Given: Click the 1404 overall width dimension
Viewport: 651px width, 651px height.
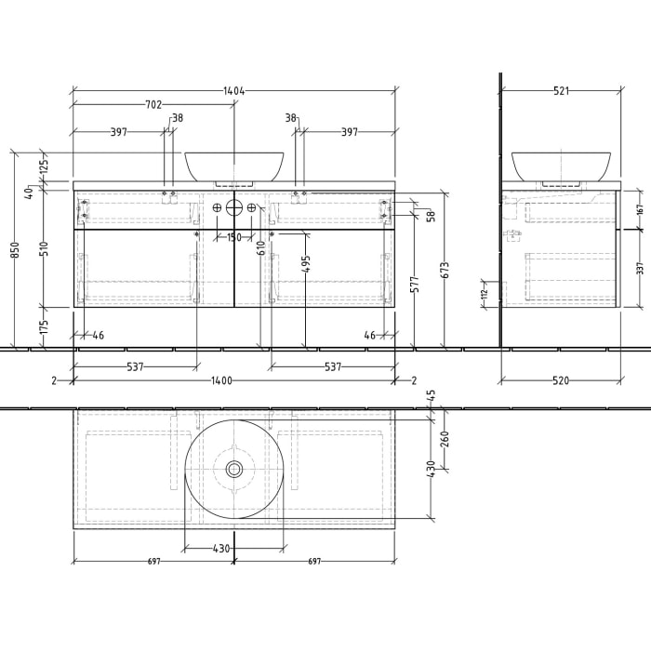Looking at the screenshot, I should (233, 91).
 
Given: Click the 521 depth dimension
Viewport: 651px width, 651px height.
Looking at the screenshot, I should (561, 91).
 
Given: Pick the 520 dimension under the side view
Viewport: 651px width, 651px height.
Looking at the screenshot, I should (561, 380).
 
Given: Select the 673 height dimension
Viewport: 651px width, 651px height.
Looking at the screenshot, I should (445, 271).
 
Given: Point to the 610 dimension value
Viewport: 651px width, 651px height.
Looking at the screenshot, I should (261, 248).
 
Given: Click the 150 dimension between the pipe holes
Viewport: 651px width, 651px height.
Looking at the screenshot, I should (234, 237).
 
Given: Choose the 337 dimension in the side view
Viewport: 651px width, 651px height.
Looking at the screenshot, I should (640, 269).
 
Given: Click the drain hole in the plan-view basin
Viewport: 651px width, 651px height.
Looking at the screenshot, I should (234, 470).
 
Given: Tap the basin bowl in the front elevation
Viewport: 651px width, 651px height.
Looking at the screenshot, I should (234, 165).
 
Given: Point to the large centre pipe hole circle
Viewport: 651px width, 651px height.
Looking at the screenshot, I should (234, 207).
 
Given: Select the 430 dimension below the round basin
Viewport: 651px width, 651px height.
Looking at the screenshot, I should (220, 549).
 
